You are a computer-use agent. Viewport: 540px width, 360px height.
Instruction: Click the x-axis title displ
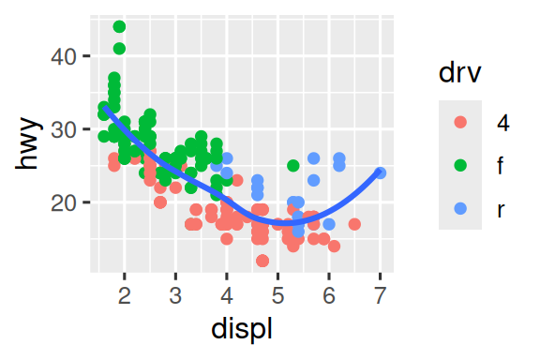click(x=244, y=330)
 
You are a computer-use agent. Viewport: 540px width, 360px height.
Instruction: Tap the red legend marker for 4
click(x=459, y=122)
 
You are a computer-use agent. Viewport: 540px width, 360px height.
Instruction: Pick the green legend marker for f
click(x=459, y=166)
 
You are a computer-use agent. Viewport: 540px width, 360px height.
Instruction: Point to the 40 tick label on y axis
click(x=64, y=56)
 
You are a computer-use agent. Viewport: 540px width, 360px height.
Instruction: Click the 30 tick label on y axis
click(x=64, y=129)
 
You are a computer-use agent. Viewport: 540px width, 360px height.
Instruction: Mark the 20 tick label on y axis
click(x=64, y=202)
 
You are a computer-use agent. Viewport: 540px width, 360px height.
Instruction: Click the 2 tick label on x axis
click(x=124, y=294)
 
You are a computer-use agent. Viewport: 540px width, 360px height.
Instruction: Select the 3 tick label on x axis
click(x=175, y=294)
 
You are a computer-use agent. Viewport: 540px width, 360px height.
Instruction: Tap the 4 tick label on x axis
click(x=226, y=294)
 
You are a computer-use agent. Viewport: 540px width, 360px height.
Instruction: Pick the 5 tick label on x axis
click(x=277, y=294)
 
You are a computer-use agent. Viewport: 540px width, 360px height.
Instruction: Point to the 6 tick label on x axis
click(x=329, y=294)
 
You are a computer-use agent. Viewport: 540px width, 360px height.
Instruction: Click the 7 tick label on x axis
click(x=380, y=294)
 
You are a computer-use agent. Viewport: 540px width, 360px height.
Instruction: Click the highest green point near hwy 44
click(x=119, y=27)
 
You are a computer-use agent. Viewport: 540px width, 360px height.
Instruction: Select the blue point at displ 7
click(x=380, y=173)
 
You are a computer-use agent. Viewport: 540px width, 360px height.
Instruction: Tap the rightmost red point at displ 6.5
click(x=354, y=224)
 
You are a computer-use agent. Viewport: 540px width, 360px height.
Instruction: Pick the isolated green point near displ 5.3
click(x=293, y=166)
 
